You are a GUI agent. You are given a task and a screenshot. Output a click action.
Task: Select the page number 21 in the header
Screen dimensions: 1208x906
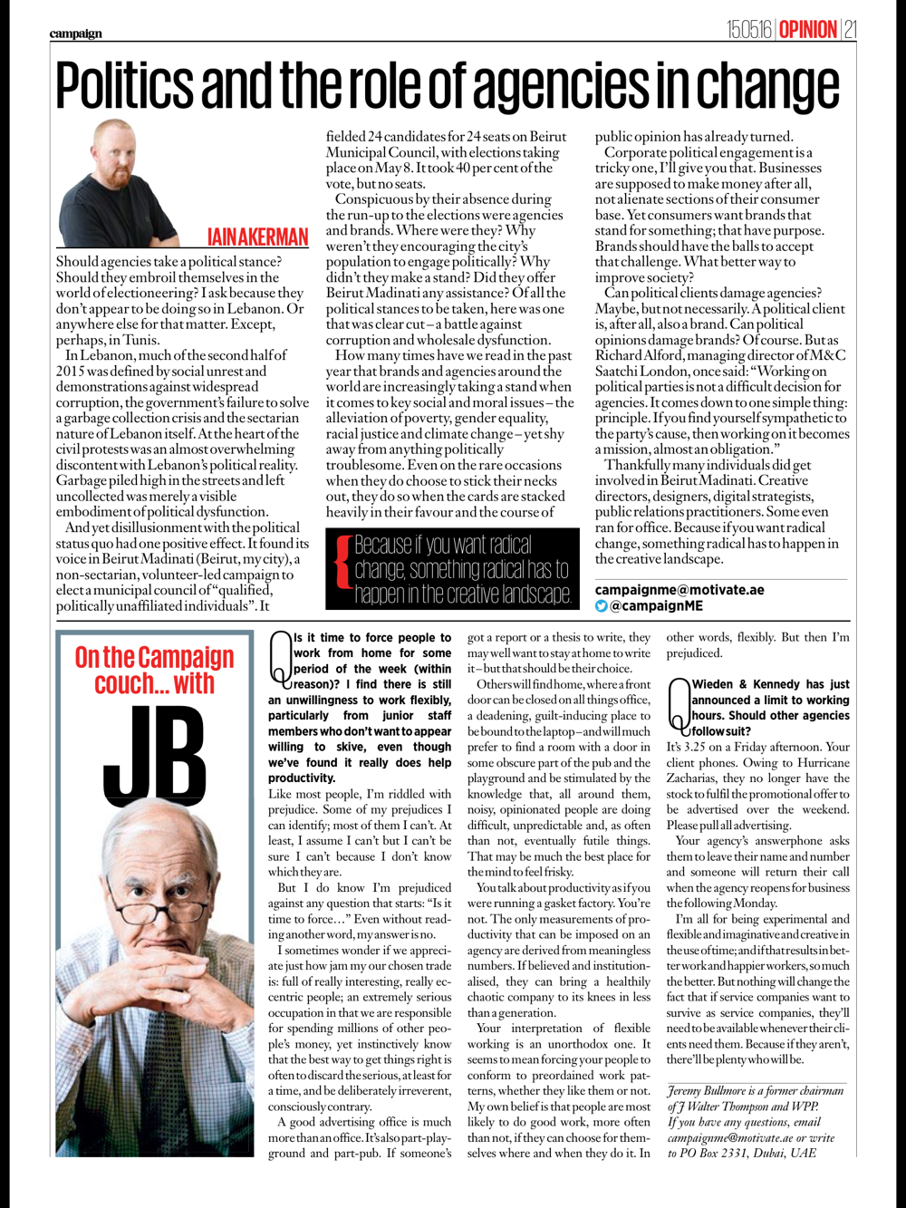849,30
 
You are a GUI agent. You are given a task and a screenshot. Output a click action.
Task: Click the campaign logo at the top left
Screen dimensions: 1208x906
76,34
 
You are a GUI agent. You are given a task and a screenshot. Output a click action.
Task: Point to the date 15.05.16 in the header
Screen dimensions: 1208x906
749,30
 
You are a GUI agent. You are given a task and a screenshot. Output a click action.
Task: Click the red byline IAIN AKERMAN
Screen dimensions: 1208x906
257,237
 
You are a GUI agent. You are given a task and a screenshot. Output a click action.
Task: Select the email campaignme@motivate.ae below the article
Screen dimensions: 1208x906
679,590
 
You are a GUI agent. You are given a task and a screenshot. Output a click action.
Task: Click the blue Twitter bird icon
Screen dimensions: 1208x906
601,606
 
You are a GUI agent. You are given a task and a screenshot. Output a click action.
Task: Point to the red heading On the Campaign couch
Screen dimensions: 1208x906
154,671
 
